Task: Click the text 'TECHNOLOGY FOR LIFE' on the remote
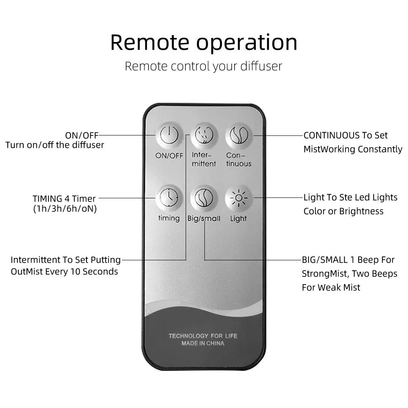click(203, 336)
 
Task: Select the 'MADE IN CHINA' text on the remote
click(203, 344)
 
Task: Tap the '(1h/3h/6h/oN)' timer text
click(65, 209)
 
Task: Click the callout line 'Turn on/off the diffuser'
click(55, 145)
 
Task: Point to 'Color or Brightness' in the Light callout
click(344, 211)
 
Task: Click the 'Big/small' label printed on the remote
click(204, 219)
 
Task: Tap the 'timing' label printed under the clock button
click(169, 218)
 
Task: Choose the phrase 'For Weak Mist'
click(331, 287)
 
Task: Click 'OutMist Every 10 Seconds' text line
click(64, 271)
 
